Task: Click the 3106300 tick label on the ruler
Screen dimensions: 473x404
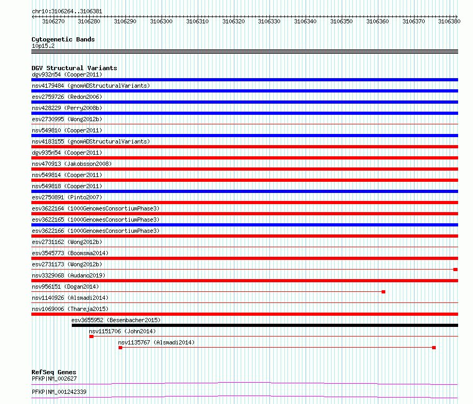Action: pos(161,21)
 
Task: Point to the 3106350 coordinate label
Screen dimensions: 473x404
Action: pos(341,21)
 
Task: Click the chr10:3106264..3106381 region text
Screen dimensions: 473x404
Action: pos(67,12)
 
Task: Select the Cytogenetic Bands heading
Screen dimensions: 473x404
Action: pos(63,39)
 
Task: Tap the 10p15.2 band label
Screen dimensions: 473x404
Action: pos(43,46)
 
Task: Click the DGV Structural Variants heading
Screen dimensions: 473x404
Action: pos(74,68)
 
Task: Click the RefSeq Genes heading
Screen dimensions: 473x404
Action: pos(54,372)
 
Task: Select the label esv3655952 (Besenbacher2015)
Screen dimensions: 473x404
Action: pos(116,320)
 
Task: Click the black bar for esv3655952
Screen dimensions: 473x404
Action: pos(265,325)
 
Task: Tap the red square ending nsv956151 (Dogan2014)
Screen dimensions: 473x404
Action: pos(383,292)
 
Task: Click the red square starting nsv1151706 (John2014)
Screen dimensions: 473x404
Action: pos(91,336)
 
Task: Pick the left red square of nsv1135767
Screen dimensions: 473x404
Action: pos(120,348)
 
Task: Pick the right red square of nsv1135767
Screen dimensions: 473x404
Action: pos(434,348)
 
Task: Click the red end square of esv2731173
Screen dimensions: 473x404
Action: pos(455,270)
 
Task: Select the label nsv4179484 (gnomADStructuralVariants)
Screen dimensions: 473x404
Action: pos(91,86)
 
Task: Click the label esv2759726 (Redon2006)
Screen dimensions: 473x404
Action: pos(67,97)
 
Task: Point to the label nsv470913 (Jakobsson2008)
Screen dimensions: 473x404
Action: pos(72,164)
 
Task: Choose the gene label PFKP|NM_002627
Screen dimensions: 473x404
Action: pos(54,378)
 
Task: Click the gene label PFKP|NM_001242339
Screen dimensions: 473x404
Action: pos(59,392)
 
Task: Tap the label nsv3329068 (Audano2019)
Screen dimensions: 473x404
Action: pos(69,275)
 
